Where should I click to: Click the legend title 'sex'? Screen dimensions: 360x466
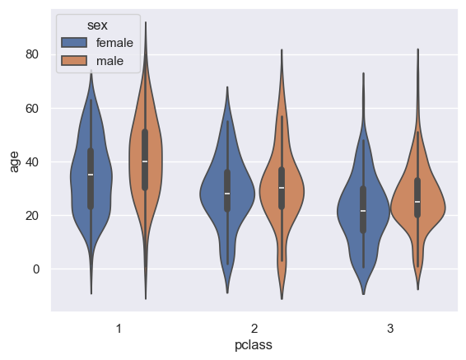tap(97, 26)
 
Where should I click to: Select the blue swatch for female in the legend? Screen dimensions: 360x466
tap(76, 43)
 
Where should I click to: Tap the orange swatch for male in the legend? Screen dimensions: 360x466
tap(76, 60)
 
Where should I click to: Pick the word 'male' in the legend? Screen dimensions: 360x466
tap(109, 60)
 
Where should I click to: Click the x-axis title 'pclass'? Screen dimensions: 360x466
tap(254, 346)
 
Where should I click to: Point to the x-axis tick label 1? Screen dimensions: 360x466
tap(119, 328)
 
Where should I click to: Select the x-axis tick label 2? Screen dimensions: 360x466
tap(254, 328)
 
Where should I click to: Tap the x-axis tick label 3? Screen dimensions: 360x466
tap(390, 328)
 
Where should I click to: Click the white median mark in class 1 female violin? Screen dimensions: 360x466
tap(91, 175)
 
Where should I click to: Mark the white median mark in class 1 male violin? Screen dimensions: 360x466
tap(146, 161)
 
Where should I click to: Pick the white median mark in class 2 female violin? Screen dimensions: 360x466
tap(226, 194)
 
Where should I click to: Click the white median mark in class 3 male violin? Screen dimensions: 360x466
tap(417, 202)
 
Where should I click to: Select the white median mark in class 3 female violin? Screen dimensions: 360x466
tap(363, 211)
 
